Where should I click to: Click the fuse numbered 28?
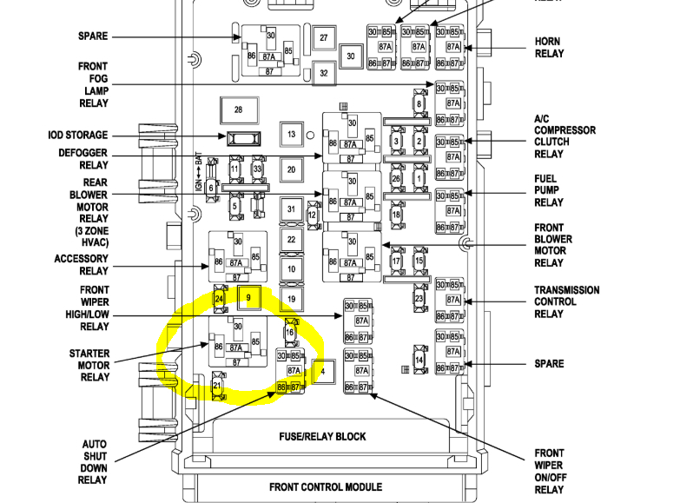click(238, 110)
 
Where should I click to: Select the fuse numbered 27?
click(323, 37)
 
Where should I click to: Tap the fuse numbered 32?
click(323, 73)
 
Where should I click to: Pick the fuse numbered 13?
click(292, 135)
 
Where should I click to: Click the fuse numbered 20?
click(292, 170)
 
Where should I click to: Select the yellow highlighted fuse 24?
click(219, 299)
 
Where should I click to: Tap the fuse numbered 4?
click(322, 372)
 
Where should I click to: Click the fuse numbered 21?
click(217, 385)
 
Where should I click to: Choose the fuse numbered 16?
click(290, 331)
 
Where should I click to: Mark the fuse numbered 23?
click(419, 299)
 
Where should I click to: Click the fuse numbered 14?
click(419, 360)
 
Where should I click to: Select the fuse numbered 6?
click(210, 187)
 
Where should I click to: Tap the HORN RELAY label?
click(549, 47)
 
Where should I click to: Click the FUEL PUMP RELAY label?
click(549, 190)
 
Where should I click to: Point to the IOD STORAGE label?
click(78, 136)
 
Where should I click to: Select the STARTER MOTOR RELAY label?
click(89, 365)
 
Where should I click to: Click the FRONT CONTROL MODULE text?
click(325, 487)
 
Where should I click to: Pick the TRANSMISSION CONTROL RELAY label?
click(566, 302)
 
